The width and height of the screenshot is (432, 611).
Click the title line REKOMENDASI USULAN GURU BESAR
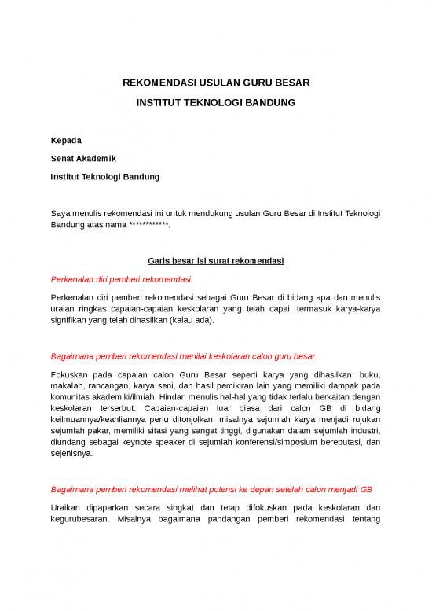(x=215, y=83)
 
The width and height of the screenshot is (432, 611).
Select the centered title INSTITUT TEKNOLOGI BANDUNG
(x=215, y=103)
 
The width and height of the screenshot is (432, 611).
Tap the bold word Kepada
(x=66, y=140)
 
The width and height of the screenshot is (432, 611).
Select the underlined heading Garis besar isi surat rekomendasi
(x=215, y=261)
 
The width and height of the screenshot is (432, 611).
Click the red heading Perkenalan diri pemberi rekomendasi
(x=122, y=279)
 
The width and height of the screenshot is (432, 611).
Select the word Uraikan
(x=68, y=507)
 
